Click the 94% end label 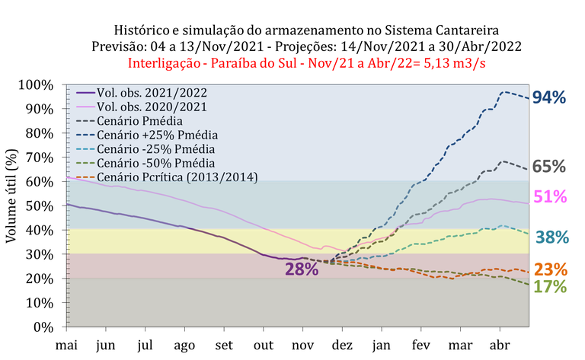(x=548, y=97)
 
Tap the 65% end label (x=548, y=167)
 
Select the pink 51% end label (x=548, y=197)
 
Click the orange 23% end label (x=549, y=269)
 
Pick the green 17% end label (x=549, y=287)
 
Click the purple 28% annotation (x=302, y=269)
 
